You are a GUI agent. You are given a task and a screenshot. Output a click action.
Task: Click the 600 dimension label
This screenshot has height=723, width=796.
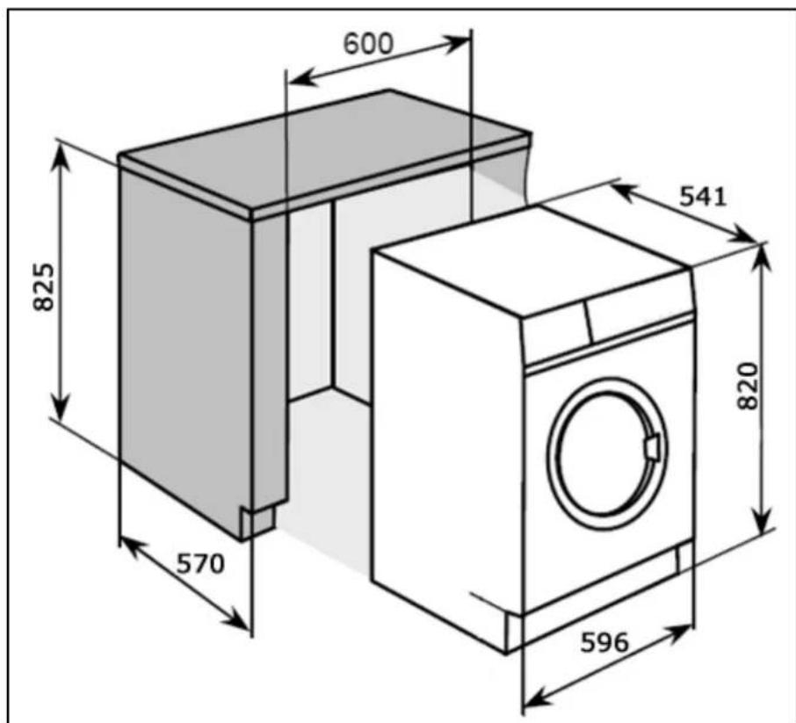pyautogui.click(x=368, y=44)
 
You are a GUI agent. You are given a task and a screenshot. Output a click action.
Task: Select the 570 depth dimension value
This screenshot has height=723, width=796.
pyautogui.click(x=200, y=564)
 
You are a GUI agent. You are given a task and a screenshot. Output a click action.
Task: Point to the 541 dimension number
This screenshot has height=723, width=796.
pyautogui.click(x=703, y=197)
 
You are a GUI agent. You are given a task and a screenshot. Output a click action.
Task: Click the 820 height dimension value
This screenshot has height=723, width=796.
pyautogui.click(x=748, y=386)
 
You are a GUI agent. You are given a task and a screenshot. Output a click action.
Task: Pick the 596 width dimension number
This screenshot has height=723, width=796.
pyautogui.click(x=604, y=642)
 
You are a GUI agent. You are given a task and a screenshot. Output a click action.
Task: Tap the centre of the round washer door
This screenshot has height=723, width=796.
pyautogui.click(x=607, y=453)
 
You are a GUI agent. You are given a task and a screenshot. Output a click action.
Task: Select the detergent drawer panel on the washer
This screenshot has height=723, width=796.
pyautogui.click(x=557, y=329)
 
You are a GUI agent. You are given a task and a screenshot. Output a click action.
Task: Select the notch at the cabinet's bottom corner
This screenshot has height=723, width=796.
pyautogui.click(x=257, y=520)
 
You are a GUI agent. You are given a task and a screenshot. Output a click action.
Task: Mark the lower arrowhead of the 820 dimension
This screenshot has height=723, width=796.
pyautogui.click(x=761, y=524)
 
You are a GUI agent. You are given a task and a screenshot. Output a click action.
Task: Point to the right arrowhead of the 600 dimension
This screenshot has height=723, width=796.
pyautogui.click(x=458, y=43)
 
